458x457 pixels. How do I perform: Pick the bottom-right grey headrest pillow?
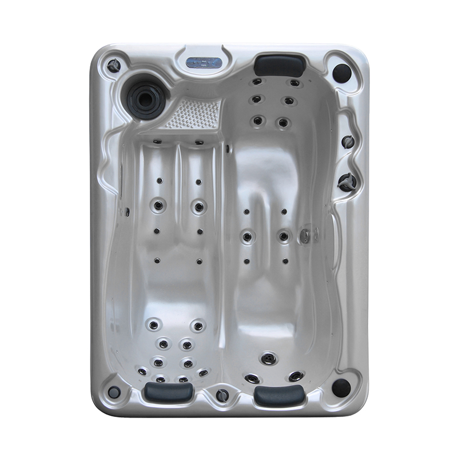[278, 394]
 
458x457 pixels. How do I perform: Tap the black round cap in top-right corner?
[341, 73]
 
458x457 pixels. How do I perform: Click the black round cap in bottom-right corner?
[341, 387]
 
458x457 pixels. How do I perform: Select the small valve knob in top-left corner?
[114, 66]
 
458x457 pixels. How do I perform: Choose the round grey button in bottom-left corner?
[114, 392]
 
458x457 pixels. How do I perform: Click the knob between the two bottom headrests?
[222, 395]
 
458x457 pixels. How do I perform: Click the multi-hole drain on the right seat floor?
[268, 358]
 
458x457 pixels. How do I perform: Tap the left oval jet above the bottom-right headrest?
[252, 378]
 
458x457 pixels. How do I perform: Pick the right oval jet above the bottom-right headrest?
[296, 376]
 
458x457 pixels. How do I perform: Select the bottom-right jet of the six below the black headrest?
[282, 122]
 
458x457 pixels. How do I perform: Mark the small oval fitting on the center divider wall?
[228, 149]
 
